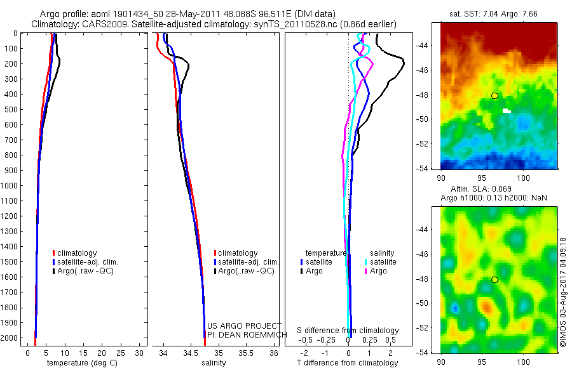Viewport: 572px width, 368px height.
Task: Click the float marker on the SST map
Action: click(x=494, y=96)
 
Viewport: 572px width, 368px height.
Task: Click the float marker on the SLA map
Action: click(x=494, y=280)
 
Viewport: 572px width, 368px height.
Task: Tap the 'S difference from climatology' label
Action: click(x=348, y=331)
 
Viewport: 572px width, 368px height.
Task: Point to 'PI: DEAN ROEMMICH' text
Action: click(x=244, y=334)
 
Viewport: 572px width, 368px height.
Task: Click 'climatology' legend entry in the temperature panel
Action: click(x=76, y=253)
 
